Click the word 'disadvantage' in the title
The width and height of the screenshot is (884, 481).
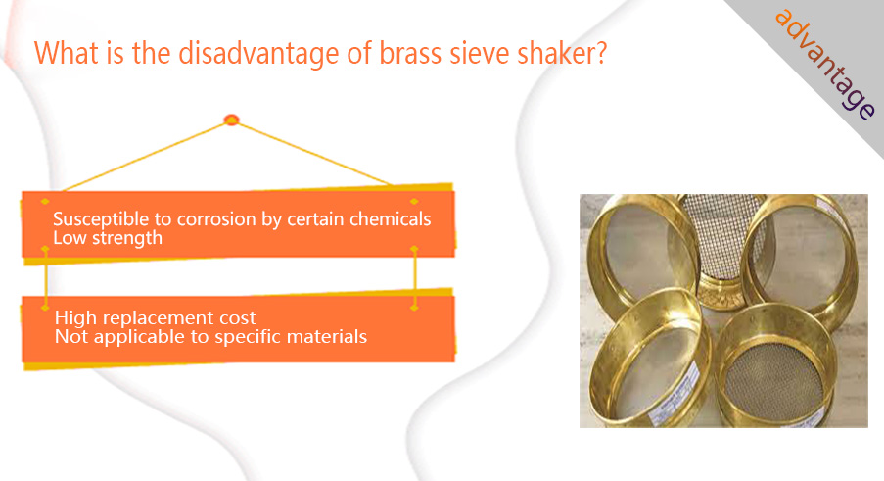pos(258,53)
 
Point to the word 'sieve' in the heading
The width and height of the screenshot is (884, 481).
pos(480,53)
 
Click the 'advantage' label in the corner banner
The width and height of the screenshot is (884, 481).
pos(825,64)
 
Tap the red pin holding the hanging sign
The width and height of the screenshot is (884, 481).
pos(231,120)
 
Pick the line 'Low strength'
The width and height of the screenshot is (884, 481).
pos(108,238)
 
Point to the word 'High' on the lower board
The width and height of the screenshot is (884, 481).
pos(75,318)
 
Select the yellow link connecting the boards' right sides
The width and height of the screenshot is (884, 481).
pos(414,278)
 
